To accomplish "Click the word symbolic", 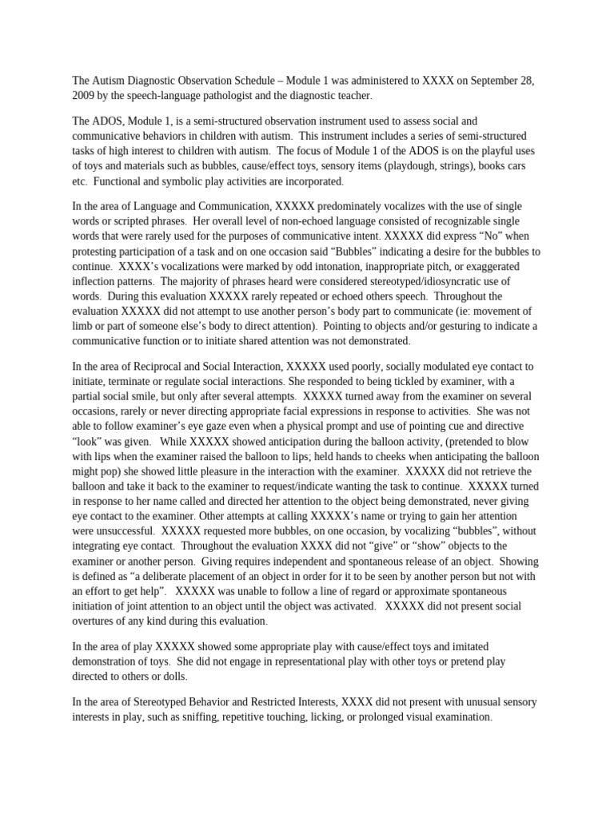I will click(x=172, y=181).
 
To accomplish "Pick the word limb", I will click(x=85, y=326).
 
